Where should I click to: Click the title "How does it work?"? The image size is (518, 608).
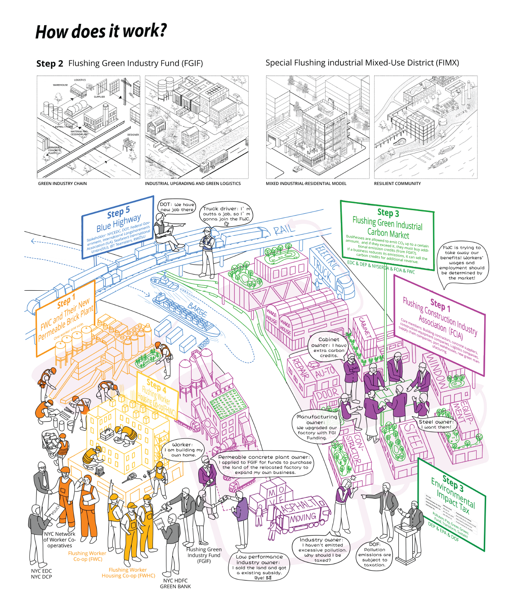click(101, 32)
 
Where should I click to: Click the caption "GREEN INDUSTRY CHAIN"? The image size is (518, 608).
click(63, 184)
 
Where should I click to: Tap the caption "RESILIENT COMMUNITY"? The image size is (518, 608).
click(397, 184)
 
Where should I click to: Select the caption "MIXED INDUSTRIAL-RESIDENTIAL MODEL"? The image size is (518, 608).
click(306, 184)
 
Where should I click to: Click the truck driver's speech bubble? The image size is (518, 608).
click(226, 213)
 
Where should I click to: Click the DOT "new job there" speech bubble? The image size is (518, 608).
click(177, 207)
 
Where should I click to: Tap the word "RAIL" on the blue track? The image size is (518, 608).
click(284, 230)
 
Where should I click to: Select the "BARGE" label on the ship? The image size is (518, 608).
click(197, 311)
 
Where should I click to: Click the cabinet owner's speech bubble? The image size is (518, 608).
click(329, 347)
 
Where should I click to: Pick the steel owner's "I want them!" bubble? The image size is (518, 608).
click(436, 424)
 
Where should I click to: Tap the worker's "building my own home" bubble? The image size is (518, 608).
click(183, 450)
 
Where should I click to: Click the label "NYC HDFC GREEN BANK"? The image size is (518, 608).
click(175, 583)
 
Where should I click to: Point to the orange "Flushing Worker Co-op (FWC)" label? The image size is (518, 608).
click(87, 556)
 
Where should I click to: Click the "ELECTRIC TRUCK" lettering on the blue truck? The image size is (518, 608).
click(327, 265)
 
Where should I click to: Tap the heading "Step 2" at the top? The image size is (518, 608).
click(49, 63)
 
